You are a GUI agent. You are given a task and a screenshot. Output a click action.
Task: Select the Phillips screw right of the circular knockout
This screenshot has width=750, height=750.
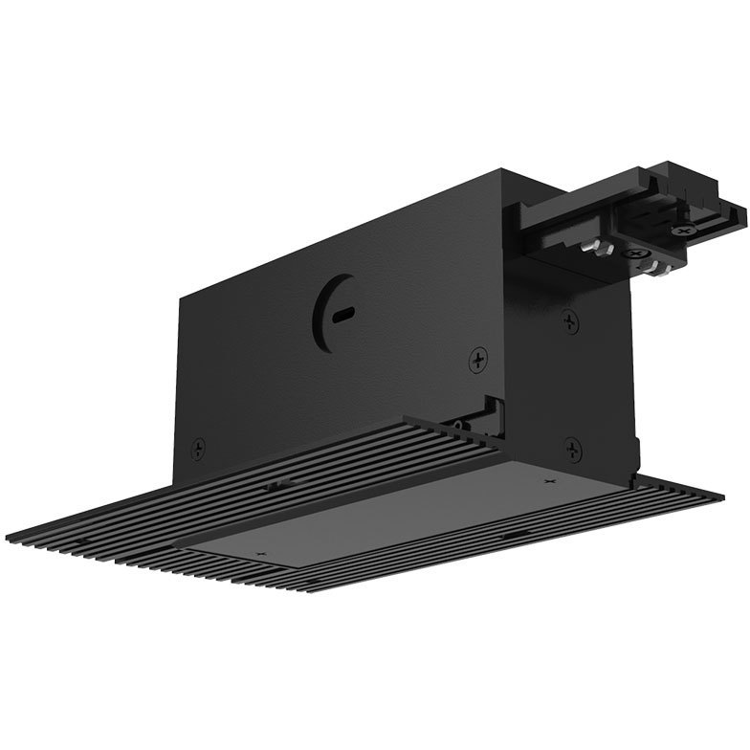click(x=477, y=360)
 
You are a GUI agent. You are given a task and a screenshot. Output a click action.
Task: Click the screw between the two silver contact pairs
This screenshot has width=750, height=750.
click(x=633, y=255)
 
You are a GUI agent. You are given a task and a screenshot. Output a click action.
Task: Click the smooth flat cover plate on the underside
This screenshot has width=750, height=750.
click(x=402, y=507)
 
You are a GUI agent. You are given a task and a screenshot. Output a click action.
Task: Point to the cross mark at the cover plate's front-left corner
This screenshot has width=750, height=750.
click(x=258, y=553)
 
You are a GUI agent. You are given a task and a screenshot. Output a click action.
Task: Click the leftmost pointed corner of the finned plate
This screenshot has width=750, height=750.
click(x=8, y=533)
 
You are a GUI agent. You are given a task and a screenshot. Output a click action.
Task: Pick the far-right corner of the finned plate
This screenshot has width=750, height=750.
click(x=720, y=498)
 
